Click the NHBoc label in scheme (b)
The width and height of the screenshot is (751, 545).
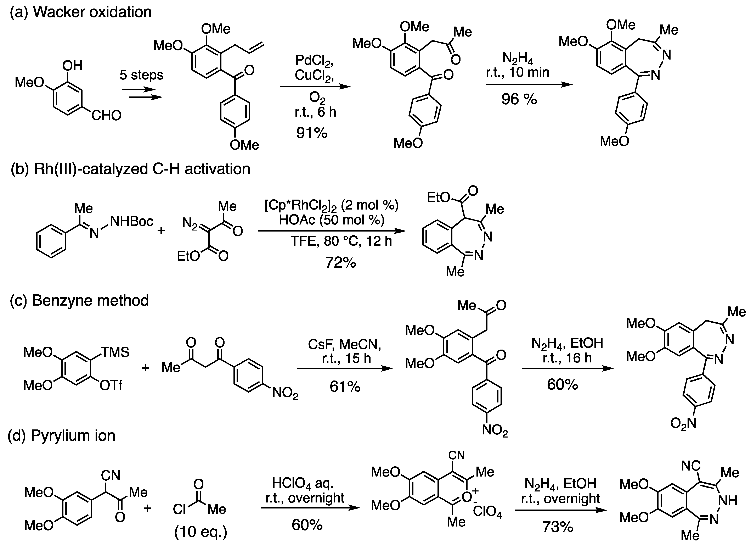coord(131,221)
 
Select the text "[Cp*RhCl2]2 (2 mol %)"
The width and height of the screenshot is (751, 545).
coord(332,205)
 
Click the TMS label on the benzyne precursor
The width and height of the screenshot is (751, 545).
coord(115,352)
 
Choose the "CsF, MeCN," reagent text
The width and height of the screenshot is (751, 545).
coord(344,345)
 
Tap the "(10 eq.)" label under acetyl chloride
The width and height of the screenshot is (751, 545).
coord(201,532)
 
